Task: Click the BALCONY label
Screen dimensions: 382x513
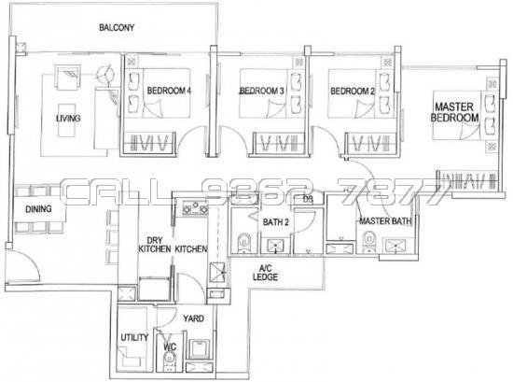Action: (118, 28)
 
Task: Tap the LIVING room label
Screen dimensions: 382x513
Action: (68, 119)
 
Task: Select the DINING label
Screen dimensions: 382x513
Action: (38, 210)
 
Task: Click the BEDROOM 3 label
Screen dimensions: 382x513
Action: (261, 91)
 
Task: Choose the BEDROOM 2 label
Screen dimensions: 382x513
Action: (353, 91)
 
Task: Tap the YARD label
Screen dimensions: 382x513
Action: (193, 318)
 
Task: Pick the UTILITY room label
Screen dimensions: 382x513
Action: (134, 338)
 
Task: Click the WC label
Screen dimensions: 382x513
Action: (168, 348)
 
